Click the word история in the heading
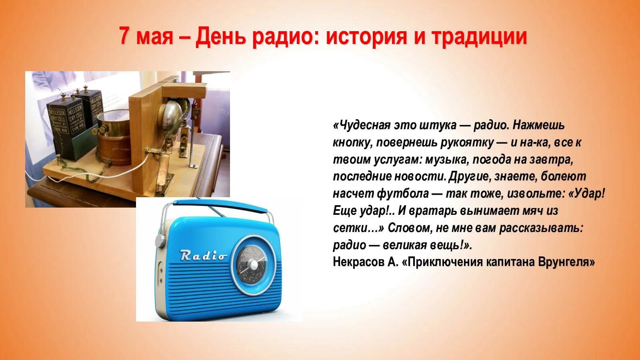click(x=366, y=38)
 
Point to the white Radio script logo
click(x=203, y=255)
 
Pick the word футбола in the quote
click(x=403, y=194)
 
